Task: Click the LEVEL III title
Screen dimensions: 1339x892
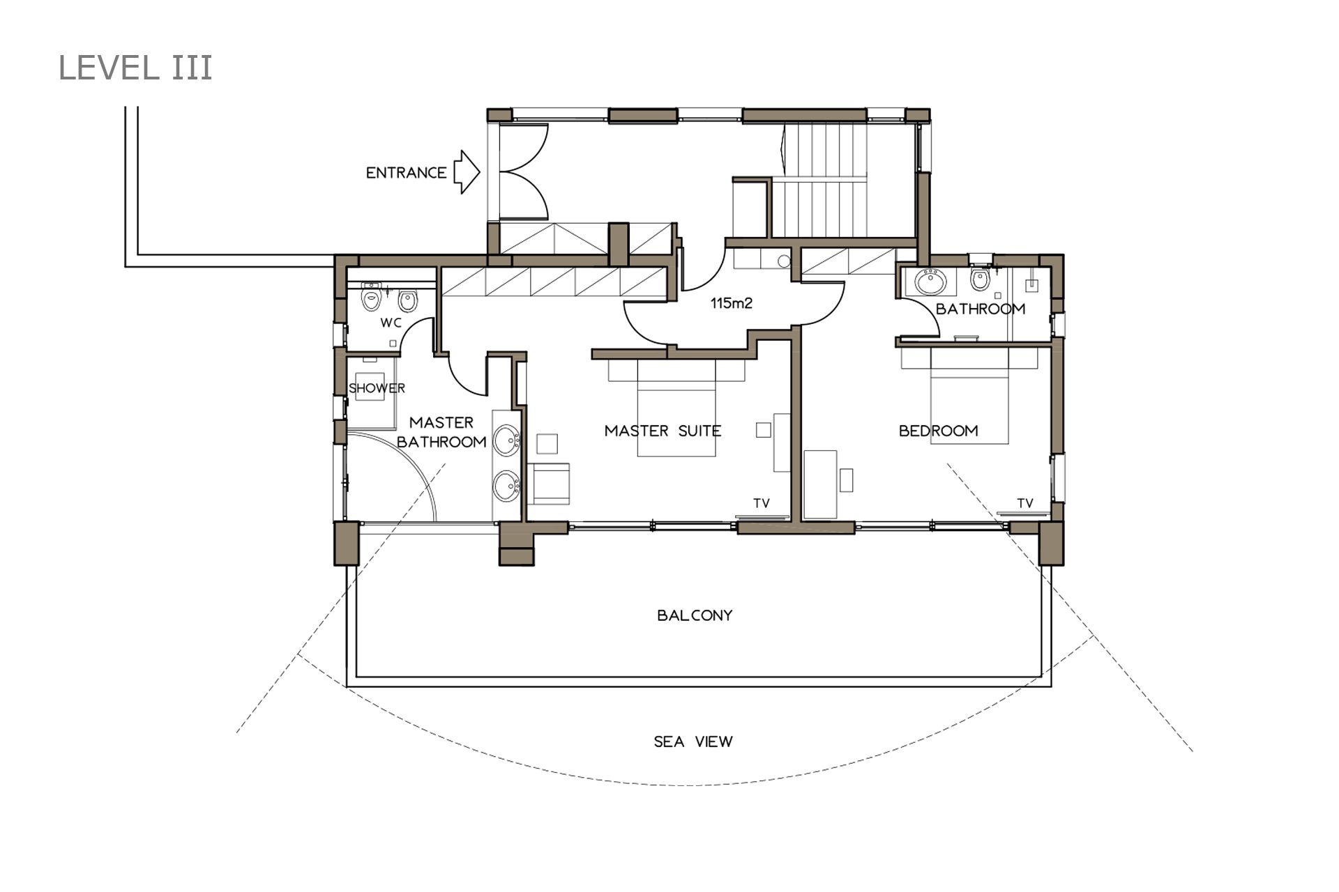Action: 135,68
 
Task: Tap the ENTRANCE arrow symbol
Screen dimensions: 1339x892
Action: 467,171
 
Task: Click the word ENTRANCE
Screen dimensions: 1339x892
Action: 406,172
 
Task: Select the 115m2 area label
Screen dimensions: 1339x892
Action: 732,303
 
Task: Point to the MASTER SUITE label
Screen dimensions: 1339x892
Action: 663,431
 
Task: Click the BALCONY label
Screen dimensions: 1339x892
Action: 695,615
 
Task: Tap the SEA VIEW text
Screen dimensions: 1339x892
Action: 693,741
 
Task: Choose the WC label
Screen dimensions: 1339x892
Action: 391,323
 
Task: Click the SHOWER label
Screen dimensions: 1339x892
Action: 377,388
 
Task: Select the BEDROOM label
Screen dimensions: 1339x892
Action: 938,431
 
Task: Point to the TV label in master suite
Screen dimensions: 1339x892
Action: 761,502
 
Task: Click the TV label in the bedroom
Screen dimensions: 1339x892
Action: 1024,502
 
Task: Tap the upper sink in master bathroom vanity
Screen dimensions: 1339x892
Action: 507,440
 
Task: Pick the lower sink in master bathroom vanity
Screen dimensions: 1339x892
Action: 507,486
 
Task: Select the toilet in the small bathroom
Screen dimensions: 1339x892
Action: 980,279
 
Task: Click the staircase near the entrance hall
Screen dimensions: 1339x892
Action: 823,180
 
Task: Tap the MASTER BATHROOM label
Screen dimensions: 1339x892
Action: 441,432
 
